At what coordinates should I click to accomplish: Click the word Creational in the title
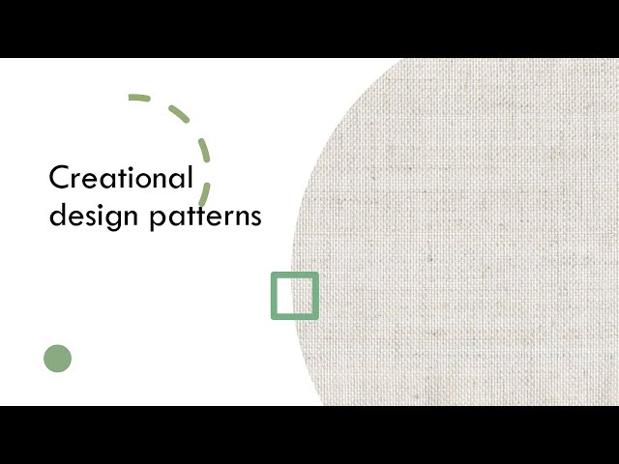coord(121,179)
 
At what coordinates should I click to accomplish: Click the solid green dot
coord(58,359)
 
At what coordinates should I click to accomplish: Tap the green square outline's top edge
coord(295,275)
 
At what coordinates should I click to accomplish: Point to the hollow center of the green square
coord(295,296)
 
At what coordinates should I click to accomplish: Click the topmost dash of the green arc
coord(139,98)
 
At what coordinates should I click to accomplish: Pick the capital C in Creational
coord(58,179)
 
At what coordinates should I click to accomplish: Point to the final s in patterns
coord(256,217)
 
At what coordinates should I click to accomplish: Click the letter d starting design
coord(56,215)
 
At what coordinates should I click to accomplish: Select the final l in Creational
coord(191,177)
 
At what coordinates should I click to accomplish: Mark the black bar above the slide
coord(309,29)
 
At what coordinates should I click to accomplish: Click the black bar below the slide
coord(309,435)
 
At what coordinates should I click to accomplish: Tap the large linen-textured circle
coord(464,232)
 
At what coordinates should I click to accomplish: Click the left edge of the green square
coord(274,296)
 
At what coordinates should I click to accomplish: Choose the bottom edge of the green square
coord(295,316)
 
